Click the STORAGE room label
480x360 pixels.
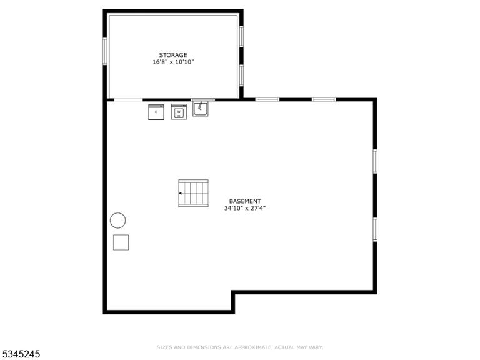pos(173,55)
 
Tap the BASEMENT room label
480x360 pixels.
pos(245,201)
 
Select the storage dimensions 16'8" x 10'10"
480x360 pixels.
pos(173,62)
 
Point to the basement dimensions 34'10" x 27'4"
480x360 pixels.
pos(245,209)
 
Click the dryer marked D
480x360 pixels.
pos(156,112)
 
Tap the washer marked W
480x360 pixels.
pos(179,112)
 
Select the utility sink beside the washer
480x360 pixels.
pos(201,109)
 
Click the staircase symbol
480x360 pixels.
pos(194,193)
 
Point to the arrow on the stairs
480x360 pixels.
pos(181,194)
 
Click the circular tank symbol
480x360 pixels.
pos(118,221)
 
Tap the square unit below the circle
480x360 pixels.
pos(121,242)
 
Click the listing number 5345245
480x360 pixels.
pos(20,354)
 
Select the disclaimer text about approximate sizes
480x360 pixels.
pos(240,347)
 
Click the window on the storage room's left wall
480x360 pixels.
pos(105,51)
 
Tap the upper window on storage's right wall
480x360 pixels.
pos(241,36)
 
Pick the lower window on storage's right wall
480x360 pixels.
pos(241,76)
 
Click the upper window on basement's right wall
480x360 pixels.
pos(375,162)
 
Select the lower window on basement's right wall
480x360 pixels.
pos(375,229)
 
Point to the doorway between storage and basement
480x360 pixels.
pos(128,100)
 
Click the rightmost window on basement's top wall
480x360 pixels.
pos(324,99)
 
